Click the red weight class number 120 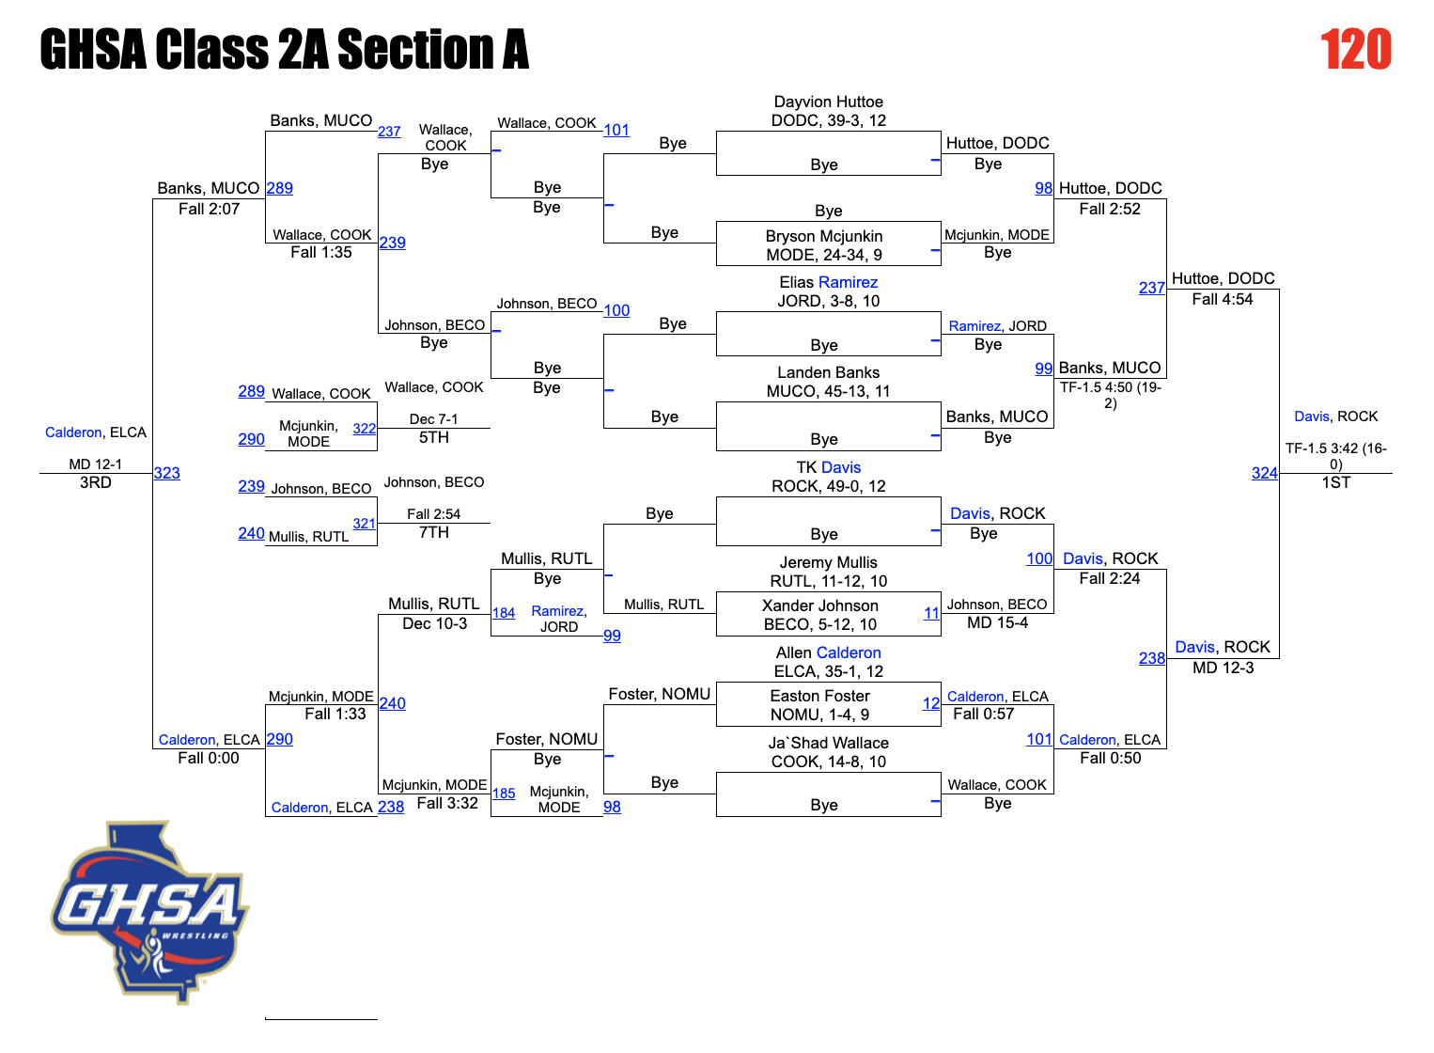1355,50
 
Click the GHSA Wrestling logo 149,911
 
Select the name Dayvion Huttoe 828,102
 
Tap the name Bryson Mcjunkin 823,236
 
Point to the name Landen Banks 828,372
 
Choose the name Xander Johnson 819,605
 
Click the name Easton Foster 819,696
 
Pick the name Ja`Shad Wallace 828,743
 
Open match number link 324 1264,473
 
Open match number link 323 166,473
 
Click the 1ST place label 1335,482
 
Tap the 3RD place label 95,482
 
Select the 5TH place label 433,437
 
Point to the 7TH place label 433,532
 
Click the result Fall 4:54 1222,299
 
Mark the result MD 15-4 997,622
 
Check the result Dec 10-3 434,623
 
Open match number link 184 504,613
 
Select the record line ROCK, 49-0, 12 828,486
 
